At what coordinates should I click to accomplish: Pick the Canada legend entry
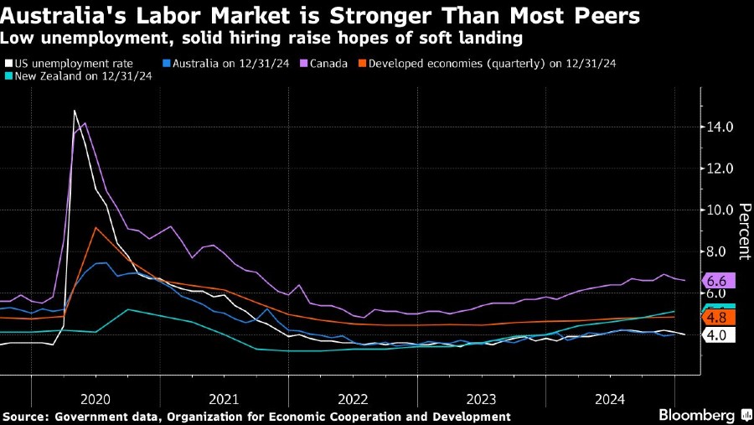tap(323, 63)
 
